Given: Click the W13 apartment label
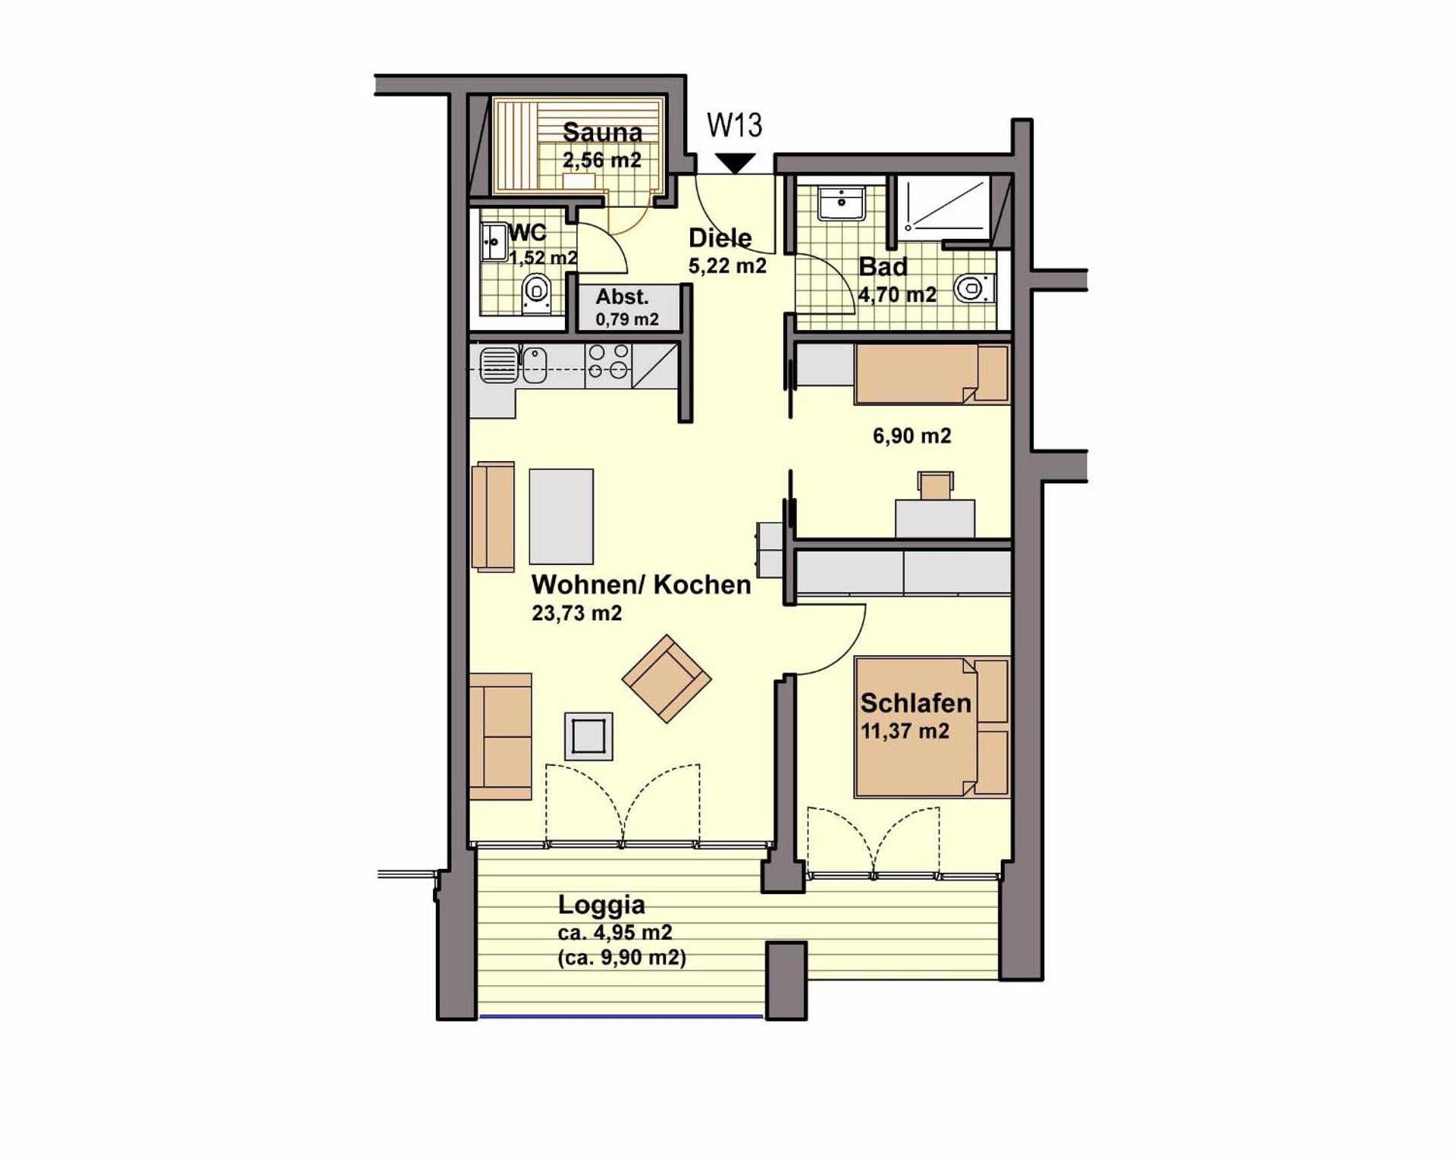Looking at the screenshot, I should [x=734, y=125].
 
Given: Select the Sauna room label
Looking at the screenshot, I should [x=602, y=133].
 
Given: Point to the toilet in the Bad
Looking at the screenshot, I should [x=971, y=288].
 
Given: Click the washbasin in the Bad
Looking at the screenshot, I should [x=841, y=203].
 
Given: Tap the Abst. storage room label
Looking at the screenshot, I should [x=622, y=296].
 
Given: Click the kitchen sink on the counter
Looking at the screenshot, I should [x=500, y=365].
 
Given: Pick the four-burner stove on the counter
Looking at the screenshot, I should [x=608, y=362].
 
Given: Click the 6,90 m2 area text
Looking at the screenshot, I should [x=912, y=436].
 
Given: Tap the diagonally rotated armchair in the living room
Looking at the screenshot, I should [x=667, y=678].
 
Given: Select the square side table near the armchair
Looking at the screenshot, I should [x=588, y=736].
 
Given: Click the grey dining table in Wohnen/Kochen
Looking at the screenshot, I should [x=561, y=516].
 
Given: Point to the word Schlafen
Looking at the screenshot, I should [x=915, y=703].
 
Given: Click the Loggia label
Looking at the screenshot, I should [x=601, y=905].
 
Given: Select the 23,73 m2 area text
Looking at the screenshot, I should [x=576, y=613].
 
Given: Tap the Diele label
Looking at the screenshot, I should [x=720, y=238].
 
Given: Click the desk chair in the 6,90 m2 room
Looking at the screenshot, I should [x=936, y=484].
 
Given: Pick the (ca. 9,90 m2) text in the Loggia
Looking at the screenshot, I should [x=622, y=958].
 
